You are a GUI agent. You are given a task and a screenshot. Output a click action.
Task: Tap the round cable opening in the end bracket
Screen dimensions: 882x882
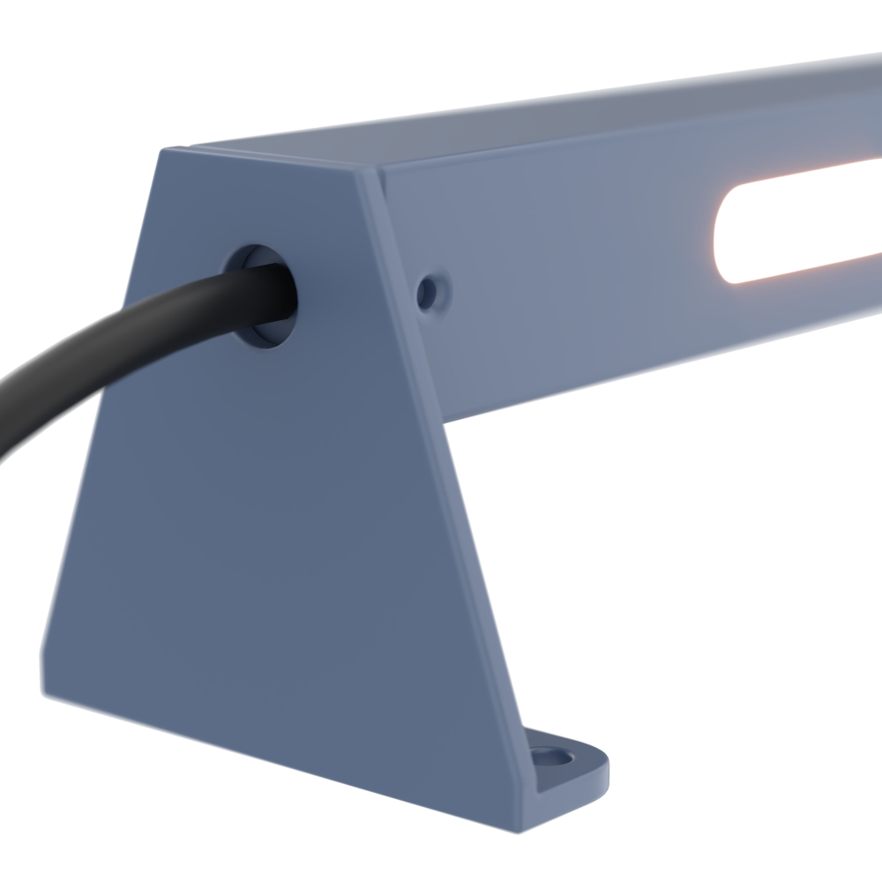pyautogui.click(x=261, y=295)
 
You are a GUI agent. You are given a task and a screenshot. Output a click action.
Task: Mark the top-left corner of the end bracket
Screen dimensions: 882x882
pyautogui.click(x=161, y=152)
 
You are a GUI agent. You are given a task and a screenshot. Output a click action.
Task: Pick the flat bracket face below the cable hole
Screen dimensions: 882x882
pyautogui.click(x=265, y=529)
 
